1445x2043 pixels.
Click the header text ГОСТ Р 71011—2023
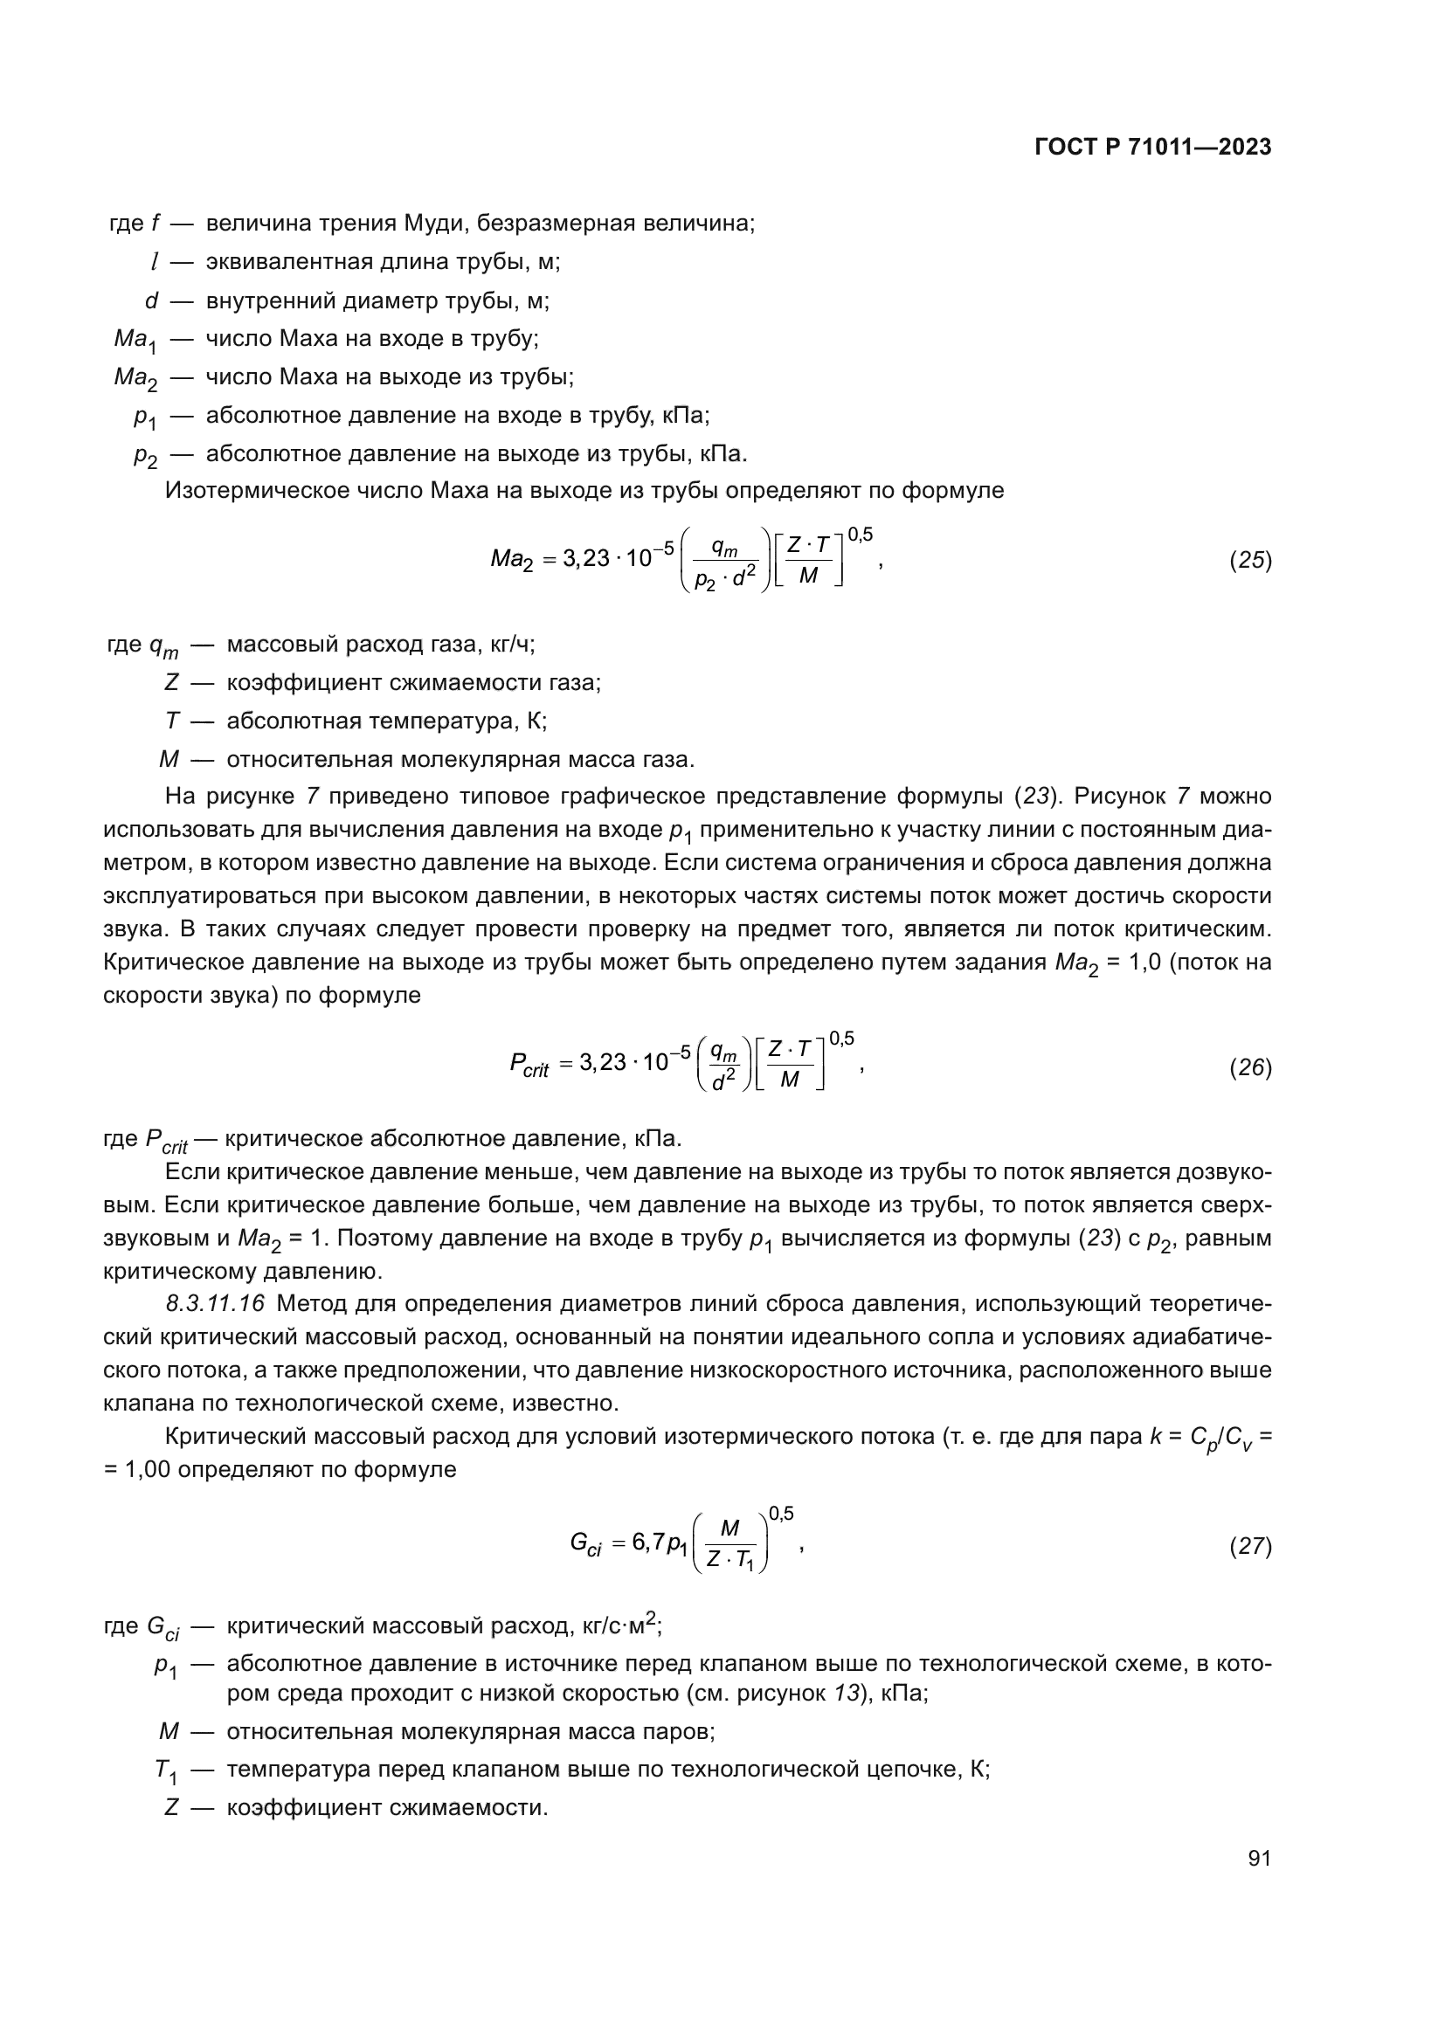coord(1153,148)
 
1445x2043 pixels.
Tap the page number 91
coord(1259,1858)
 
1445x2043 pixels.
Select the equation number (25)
coord(1250,560)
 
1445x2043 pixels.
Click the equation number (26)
coord(1250,1066)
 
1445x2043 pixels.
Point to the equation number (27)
coord(1250,1546)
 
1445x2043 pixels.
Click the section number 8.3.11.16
coord(215,1304)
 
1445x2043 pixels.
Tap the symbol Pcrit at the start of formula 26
coord(529,1065)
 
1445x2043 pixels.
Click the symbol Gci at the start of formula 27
coord(586,1543)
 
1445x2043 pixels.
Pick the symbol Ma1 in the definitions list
coord(135,341)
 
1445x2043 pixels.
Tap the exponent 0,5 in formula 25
coord(860,535)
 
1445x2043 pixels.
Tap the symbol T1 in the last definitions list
coord(165,1770)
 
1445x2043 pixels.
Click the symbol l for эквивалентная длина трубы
coord(154,263)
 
